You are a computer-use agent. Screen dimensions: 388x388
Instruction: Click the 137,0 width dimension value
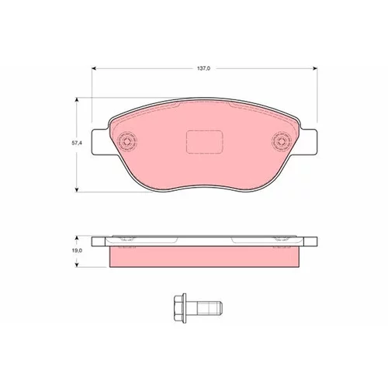coord(204,68)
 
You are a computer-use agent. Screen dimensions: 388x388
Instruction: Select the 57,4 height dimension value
coord(77,143)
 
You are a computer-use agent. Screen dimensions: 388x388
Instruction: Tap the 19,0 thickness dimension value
coord(77,251)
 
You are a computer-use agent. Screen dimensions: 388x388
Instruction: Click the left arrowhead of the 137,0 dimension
coord(94,68)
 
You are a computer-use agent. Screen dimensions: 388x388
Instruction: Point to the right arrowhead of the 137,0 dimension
coord(315,68)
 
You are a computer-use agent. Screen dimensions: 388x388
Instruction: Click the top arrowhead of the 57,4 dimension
coord(77,100)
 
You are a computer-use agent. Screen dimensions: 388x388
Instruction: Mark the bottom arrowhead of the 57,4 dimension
coord(77,190)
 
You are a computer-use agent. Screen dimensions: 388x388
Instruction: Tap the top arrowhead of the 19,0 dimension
coord(77,237)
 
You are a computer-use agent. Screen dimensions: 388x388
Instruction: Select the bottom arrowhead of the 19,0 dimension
coord(77,265)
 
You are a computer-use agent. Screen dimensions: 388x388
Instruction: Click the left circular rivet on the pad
coord(126,141)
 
